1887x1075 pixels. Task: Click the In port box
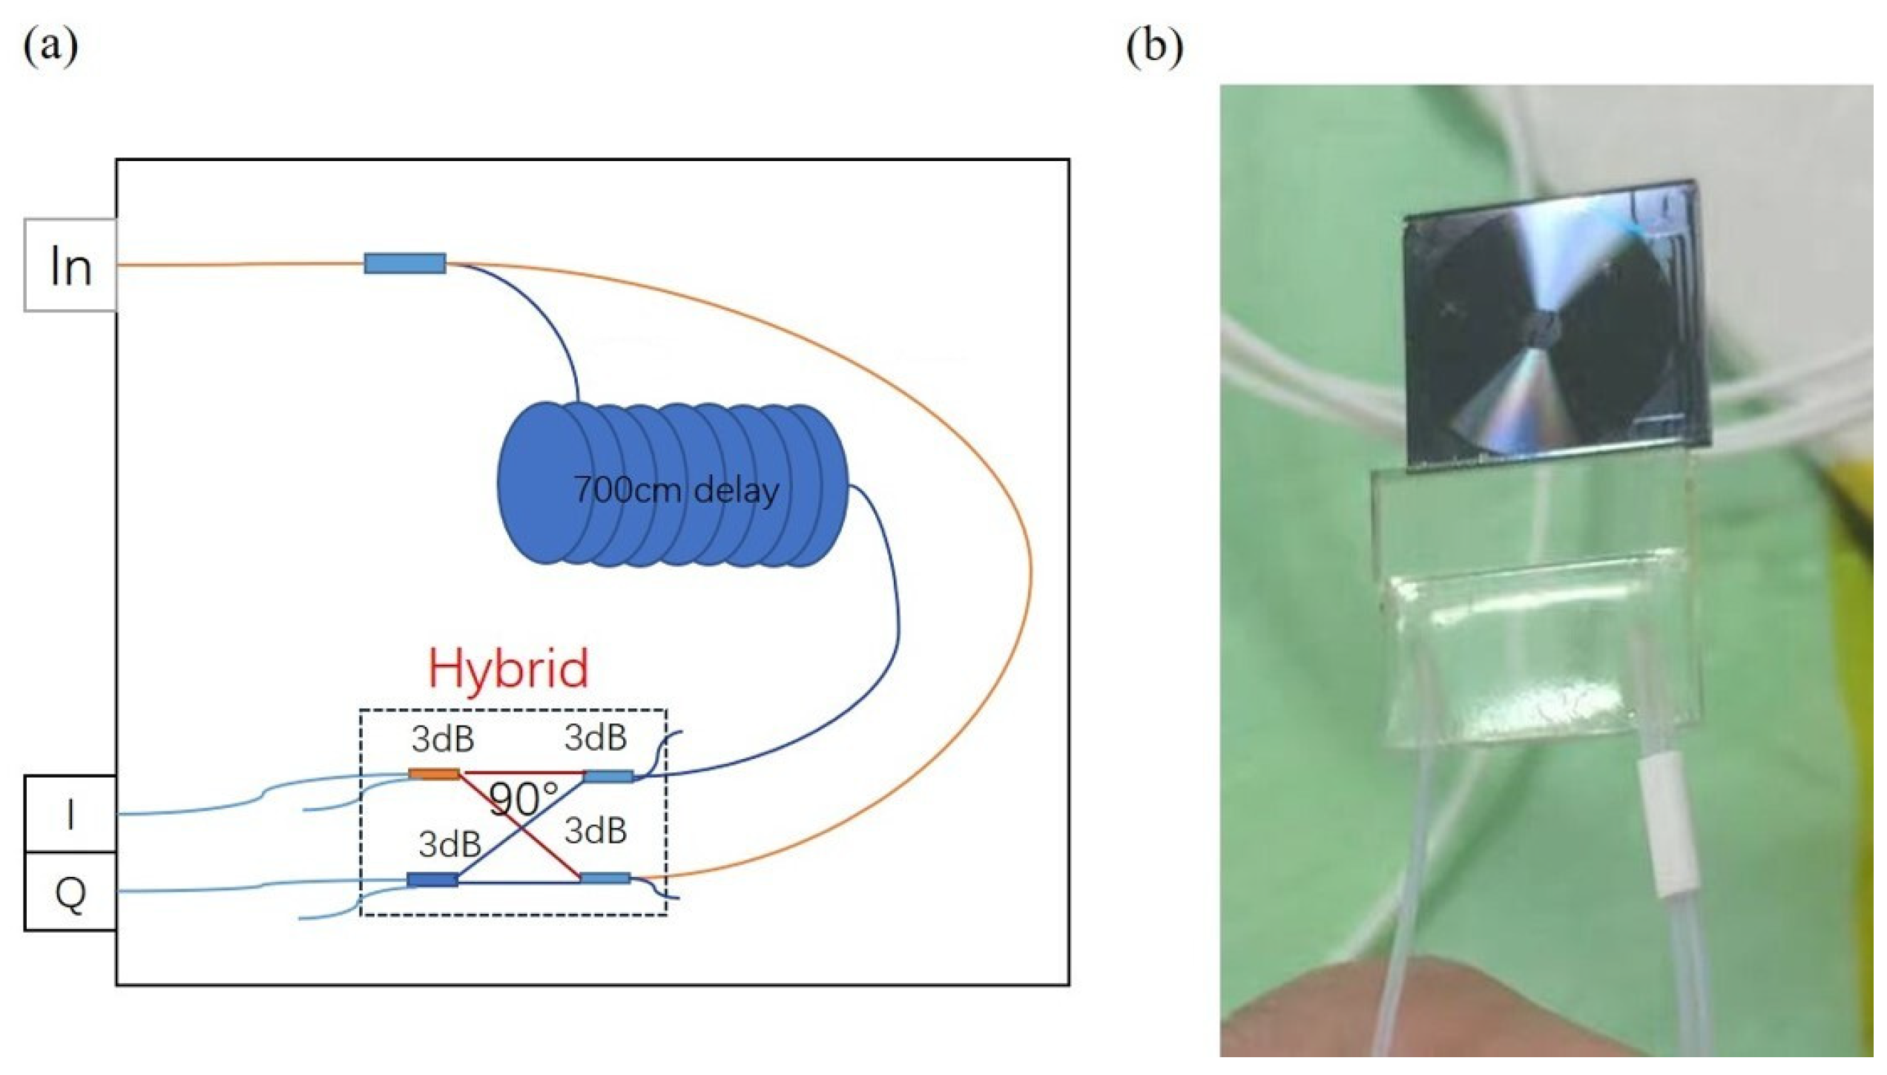point(70,265)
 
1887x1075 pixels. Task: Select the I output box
point(70,814)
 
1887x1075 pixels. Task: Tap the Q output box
point(70,892)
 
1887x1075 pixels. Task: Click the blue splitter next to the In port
point(405,263)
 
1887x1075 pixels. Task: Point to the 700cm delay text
point(676,490)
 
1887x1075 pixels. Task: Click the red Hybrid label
point(509,668)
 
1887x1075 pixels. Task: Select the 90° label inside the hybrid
point(524,799)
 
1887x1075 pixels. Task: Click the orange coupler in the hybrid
point(435,774)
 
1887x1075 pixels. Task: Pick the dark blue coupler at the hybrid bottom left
point(432,880)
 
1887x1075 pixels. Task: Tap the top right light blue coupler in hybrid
point(609,776)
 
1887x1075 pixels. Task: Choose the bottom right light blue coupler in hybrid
point(606,878)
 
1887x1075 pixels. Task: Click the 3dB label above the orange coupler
point(444,739)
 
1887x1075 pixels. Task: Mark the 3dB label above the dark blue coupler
point(449,844)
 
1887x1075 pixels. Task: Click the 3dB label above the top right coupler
point(596,737)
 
